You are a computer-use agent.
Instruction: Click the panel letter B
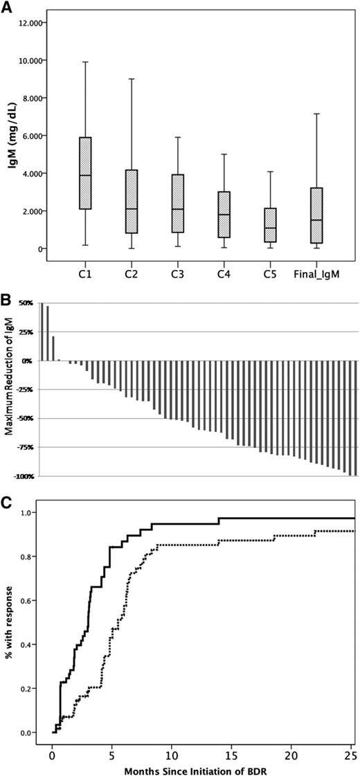click(x=6, y=301)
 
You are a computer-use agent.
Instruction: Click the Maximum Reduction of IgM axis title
click(x=10, y=389)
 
